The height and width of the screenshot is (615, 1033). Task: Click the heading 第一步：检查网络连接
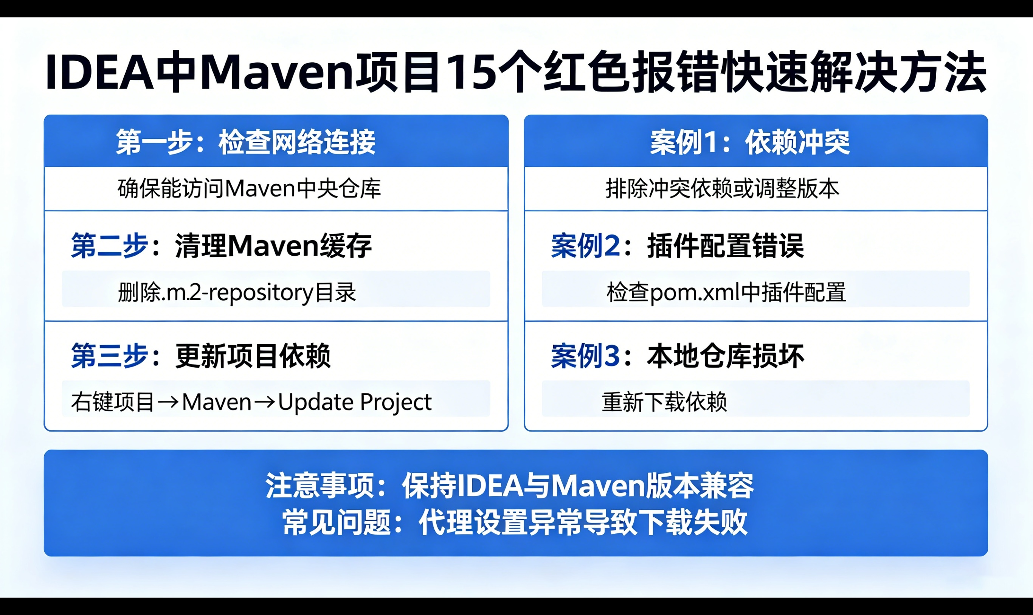point(246,142)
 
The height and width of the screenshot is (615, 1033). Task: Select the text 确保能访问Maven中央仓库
point(249,189)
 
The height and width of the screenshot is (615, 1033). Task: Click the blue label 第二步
point(109,246)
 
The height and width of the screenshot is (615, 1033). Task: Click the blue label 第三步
point(109,356)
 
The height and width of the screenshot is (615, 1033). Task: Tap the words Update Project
point(355,402)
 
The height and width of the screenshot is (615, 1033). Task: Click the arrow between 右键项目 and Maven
point(168,402)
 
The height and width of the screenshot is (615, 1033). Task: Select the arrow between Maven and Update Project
point(264,402)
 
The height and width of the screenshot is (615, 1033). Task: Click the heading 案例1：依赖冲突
point(750,142)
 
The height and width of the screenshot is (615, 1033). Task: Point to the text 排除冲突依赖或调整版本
point(722,189)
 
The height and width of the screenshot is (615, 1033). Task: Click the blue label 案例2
point(585,246)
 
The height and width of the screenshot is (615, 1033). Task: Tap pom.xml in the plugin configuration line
point(695,293)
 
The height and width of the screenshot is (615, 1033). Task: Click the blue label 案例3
point(585,356)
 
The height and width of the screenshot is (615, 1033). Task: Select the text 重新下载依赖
point(664,402)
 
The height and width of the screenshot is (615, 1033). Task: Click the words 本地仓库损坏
point(725,356)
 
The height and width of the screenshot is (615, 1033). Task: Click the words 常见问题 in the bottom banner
point(337,522)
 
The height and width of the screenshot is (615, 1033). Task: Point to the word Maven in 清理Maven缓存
point(273,246)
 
